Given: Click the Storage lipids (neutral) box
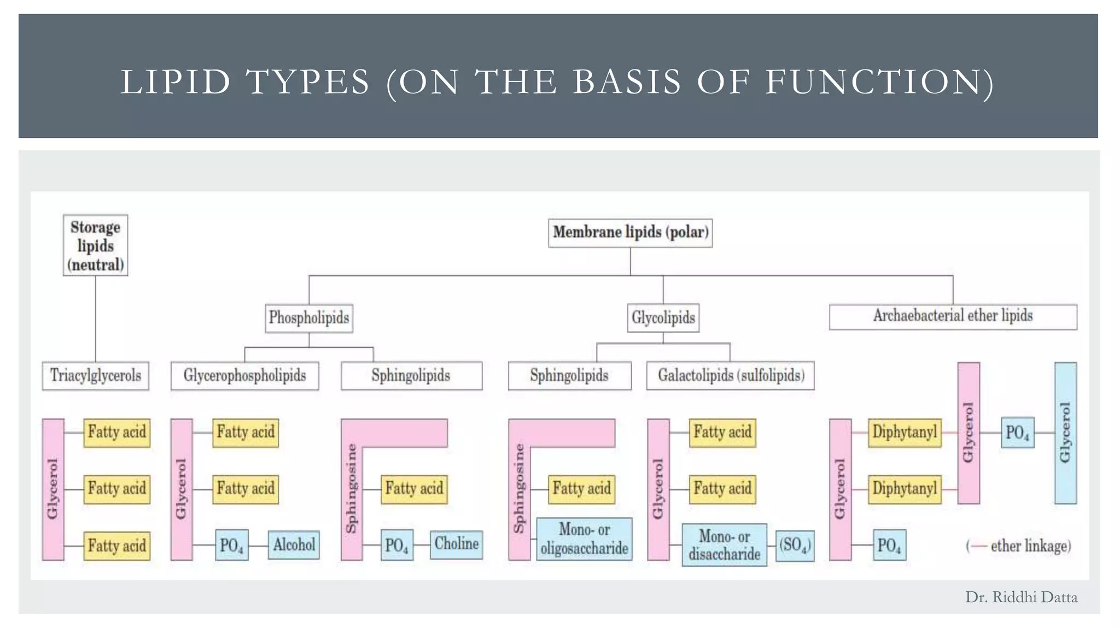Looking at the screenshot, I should coord(95,245).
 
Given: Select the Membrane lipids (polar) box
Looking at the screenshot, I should coord(630,233).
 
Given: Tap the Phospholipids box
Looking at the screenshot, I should coord(309,318).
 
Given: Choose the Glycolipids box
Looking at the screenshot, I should coord(663,318).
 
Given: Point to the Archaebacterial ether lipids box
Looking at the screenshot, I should coord(953,317).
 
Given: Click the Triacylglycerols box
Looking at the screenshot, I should coord(96,376).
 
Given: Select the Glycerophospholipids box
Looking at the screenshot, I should coord(244,376).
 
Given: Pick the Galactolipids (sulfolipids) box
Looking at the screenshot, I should coord(730,376).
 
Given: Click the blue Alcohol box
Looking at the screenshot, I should coord(294,545).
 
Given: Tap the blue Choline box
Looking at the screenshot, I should coord(456,544).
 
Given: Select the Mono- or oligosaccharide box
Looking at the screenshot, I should coord(584,539).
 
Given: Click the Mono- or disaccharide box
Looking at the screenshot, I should coord(724,545).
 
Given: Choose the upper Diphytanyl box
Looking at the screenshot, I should coord(905,433).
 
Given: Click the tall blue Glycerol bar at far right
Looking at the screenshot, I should coord(1065,433).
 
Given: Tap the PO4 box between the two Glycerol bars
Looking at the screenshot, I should coord(1017,433).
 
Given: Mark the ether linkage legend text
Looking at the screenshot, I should coord(1019,546).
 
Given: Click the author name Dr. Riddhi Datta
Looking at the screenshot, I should coord(1021,597).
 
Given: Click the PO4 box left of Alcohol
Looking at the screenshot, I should coord(231,545).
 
